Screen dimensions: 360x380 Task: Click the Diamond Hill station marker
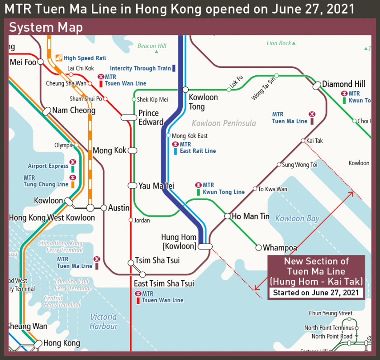(x=316, y=85)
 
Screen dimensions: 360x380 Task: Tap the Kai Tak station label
(x=314, y=141)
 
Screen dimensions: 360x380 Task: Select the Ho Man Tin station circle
(x=228, y=216)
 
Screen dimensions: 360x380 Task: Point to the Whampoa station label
(x=280, y=248)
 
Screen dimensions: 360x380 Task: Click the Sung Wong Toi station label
(x=299, y=165)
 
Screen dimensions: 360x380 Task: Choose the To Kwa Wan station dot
(x=255, y=189)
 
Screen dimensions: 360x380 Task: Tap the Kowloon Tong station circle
(x=185, y=90)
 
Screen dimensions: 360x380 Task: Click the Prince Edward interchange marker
(x=128, y=118)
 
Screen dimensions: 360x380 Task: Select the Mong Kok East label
(x=190, y=136)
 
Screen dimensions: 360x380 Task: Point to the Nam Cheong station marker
(x=47, y=111)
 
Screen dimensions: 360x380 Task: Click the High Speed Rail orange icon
(x=58, y=58)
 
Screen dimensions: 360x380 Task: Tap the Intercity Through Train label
(x=140, y=68)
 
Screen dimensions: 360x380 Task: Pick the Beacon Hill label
(x=152, y=46)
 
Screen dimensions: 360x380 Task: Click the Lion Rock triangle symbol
(x=294, y=43)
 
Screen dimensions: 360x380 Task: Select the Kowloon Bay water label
(x=297, y=219)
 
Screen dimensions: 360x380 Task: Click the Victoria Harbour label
(x=104, y=322)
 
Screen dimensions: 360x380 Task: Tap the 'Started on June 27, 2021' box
(x=316, y=293)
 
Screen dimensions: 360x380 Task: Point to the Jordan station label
(x=142, y=221)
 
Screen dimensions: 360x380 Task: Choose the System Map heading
(x=46, y=28)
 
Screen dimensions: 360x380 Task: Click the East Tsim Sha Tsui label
(x=164, y=283)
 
